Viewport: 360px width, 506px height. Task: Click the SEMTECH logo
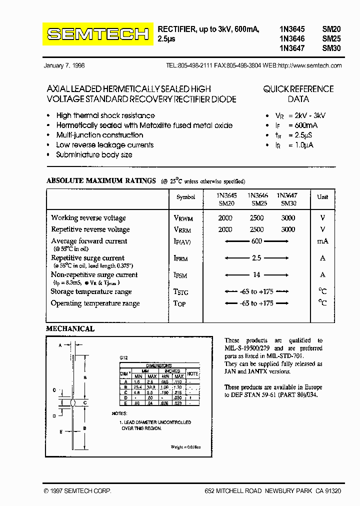point(98,34)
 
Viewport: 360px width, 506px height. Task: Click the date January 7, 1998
point(64,65)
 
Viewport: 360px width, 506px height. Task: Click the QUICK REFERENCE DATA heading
point(298,94)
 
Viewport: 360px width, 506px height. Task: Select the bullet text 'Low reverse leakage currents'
point(105,145)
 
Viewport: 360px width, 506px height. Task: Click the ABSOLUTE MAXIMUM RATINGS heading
point(101,181)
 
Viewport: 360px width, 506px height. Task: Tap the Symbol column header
point(186,197)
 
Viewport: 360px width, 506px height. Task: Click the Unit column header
point(323,197)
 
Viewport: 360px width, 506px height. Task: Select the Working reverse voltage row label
point(88,218)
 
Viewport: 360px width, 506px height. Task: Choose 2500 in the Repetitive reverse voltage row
point(256,229)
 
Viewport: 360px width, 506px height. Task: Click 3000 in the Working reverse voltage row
point(288,218)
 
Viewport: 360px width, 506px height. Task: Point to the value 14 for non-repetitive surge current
point(256,274)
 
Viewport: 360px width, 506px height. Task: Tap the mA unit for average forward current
point(322,241)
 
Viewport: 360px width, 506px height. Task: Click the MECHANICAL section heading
point(70,329)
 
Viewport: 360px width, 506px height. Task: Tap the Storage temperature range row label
point(91,292)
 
